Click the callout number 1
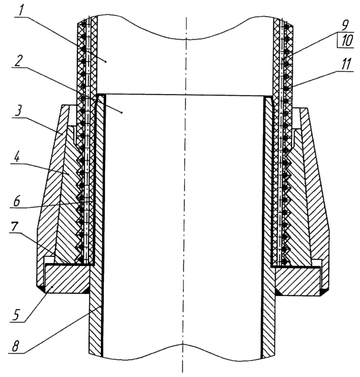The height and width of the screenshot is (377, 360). click(21, 10)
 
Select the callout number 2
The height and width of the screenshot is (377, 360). click(19, 59)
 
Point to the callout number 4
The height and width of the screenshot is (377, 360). click(17, 158)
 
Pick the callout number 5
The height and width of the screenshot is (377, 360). click(17, 314)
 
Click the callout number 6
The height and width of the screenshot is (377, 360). click(17, 200)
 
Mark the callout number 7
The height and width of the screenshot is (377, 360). click(14, 227)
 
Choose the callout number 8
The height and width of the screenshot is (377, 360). click(15, 345)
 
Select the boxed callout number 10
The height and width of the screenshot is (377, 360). click(345, 40)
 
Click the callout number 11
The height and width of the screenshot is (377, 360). click(345, 63)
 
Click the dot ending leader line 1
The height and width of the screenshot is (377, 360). click(106, 61)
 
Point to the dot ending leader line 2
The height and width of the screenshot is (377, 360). click(122, 112)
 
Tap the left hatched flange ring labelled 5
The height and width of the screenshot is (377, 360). click(66, 278)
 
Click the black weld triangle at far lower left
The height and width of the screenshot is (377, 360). click(41, 289)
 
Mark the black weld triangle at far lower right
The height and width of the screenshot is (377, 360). click(325, 291)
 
